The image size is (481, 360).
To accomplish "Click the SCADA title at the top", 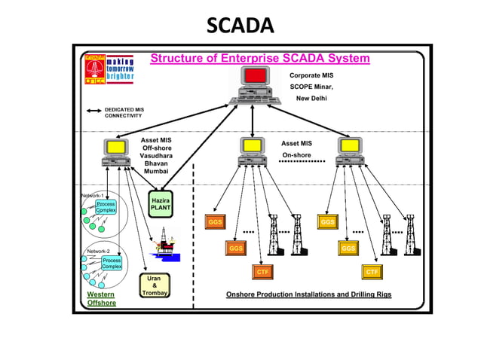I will point(240,26).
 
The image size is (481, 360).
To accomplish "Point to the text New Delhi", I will point(311,99).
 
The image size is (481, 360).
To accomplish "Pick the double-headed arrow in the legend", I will point(93,110).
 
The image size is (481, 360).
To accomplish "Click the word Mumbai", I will point(156,172).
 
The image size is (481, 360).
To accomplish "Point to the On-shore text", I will point(296,155).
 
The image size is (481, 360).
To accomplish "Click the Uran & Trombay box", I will point(154,287).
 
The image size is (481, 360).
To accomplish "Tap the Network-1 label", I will point(91,195).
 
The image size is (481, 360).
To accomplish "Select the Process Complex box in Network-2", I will point(112,263).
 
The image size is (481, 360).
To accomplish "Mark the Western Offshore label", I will point(101,298).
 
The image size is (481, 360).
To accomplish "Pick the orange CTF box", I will point(262,271).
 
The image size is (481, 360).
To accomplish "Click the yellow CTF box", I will point(372,271).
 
